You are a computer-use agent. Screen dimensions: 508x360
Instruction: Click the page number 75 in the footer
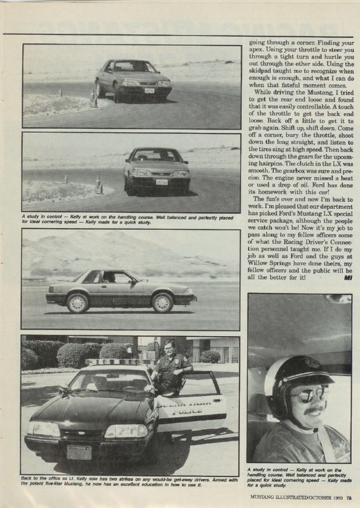click(x=349, y=497)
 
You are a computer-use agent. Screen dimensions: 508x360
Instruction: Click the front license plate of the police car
click(x=79, y=451)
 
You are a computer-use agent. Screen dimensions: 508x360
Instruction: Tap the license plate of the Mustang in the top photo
click(x=149, y=90)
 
